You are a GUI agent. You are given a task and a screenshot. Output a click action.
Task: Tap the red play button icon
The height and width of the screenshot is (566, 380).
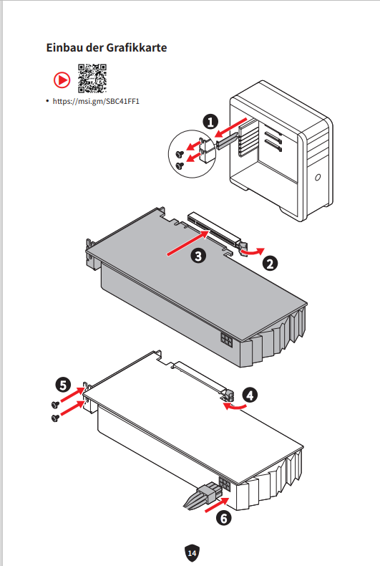pyautogui.click(x=62, y=80)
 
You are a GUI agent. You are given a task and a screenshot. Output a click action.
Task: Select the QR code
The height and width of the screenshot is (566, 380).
pyautogui.click(x=92, y=78)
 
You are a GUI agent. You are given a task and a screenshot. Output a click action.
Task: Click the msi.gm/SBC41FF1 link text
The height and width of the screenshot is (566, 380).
pyautogui.click(x=96, y=101)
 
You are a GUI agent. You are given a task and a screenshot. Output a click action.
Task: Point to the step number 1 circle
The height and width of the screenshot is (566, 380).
pyautogui.click(x=210, y=122)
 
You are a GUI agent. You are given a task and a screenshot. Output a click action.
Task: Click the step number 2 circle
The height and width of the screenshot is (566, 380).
pyautogui.click(x=270, y=263)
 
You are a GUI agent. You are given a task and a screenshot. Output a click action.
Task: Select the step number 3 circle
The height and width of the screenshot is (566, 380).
pyautogui.click(x=198, y=256)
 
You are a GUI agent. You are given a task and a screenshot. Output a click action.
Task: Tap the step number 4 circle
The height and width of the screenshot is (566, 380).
pyautogui.click(x=250, y=395)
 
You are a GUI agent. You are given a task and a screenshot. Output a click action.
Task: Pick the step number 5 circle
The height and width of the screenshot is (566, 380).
pyautogui.click(x=63, y=385)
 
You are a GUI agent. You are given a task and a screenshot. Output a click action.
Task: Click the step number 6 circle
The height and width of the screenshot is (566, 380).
pyautogui.click(x=223, y=518)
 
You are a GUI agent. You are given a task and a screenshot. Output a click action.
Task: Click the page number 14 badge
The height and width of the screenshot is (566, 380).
pyautogui.click(x=192, y=553)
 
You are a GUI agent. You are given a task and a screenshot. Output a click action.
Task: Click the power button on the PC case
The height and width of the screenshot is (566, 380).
pyautogui.click(x=318, y=177)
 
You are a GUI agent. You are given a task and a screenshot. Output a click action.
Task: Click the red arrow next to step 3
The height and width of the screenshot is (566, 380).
pyautogui.click(x=187, y=244)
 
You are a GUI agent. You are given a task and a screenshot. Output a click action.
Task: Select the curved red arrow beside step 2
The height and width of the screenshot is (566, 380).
pyautogui.click(x=253, y=251)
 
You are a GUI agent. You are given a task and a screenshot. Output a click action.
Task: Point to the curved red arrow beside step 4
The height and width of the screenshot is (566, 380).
pyautogui.click(x=234, y=406)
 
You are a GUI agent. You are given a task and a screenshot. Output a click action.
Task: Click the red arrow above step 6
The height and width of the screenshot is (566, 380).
pyautogui.click(x=217, y=504)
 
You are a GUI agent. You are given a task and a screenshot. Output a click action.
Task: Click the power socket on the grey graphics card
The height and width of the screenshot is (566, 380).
pyautogui.click(x=227, y=340)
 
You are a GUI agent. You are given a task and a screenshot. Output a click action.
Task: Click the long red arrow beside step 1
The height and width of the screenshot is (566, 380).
pyautogui.click(x=231, y=128)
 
